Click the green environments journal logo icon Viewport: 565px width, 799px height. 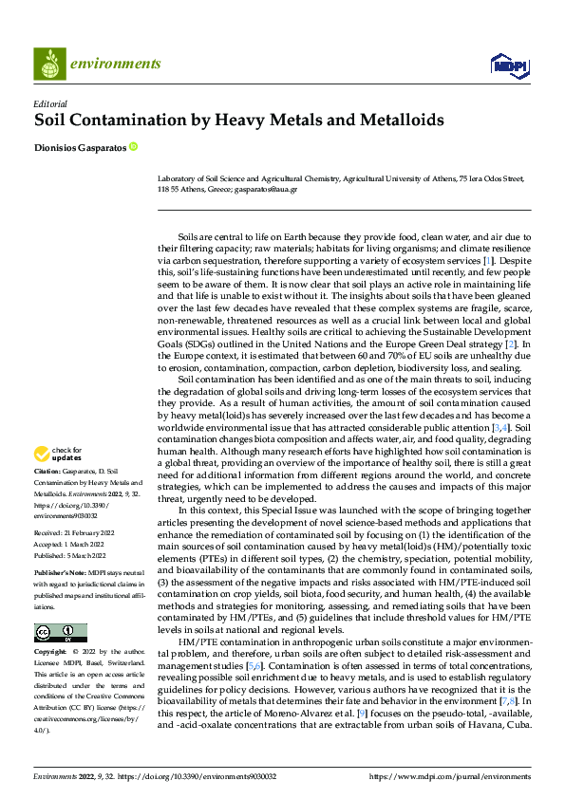point(49,64)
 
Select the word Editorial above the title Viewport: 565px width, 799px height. point(49,103)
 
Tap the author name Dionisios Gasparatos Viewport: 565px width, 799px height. point(79,147)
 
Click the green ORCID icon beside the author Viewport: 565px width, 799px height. point(133,147)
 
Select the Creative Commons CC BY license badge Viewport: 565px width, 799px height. point(60,633)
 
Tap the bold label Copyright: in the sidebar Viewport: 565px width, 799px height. point(52,654)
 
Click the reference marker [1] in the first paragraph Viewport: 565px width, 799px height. point(488,259)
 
